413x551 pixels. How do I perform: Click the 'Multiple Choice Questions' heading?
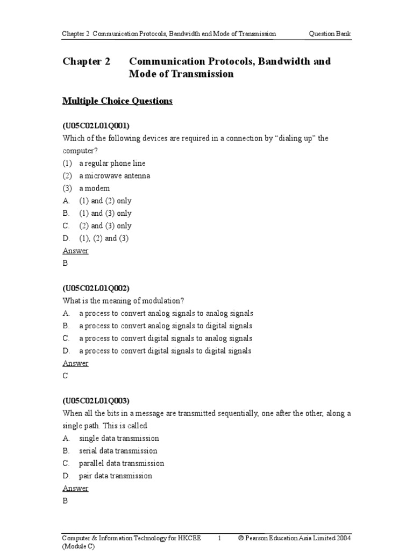pos(117,101)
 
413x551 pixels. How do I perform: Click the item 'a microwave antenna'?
pos(115,175)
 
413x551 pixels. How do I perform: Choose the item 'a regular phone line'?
pos(112,163)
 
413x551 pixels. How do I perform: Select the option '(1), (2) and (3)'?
pos(104,238)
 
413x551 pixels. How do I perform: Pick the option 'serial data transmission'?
pos(118,450)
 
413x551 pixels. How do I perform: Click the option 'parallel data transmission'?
pos(122,463)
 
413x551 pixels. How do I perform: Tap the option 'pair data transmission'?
pos(116,476)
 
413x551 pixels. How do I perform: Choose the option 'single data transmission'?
pos(119,438)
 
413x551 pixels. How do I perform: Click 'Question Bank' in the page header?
pos(330,33)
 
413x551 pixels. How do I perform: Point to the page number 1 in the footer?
pos(219,538)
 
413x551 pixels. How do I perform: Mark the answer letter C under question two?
pos(66,376)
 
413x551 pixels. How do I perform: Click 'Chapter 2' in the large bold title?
pos(87,61)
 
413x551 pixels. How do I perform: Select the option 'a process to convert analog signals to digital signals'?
pos(166,326)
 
